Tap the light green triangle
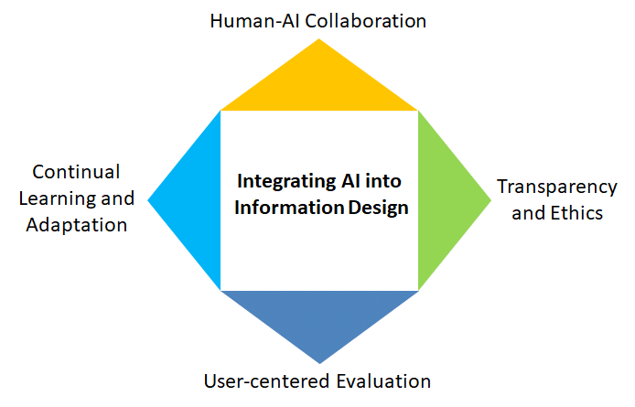tap(444, 200)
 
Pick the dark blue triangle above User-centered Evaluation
tap(319, 316)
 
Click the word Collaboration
tap(365, 21)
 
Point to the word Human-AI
tap(254, 21)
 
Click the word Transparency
tap(557, 187)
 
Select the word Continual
tap(76, 172)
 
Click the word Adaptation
tap(77, 226)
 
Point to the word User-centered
tap(267, 381)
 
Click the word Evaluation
tap(383, 381)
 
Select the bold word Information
tap(289, 208)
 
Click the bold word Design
tap(378, 209)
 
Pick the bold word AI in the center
tap(350, 181)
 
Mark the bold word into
tap(383, 181)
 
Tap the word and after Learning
tap(117, 198)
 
